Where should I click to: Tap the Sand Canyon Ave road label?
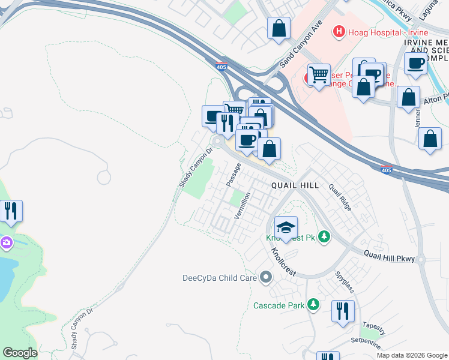[301, 44]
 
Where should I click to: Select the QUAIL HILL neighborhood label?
[294, 186]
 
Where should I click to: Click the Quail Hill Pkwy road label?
[389, 256]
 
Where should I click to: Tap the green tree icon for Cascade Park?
[312, 305]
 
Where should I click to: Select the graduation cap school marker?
[286, 227]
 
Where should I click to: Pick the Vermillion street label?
[241, 205]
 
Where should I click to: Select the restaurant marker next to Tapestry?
[343, 311]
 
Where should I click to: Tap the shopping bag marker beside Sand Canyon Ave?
[279, 28]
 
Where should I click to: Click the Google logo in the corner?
[20, 353]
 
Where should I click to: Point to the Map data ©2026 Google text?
[412, 355]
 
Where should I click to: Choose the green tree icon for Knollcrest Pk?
[324, 237]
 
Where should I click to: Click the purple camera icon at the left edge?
[5, 242]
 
